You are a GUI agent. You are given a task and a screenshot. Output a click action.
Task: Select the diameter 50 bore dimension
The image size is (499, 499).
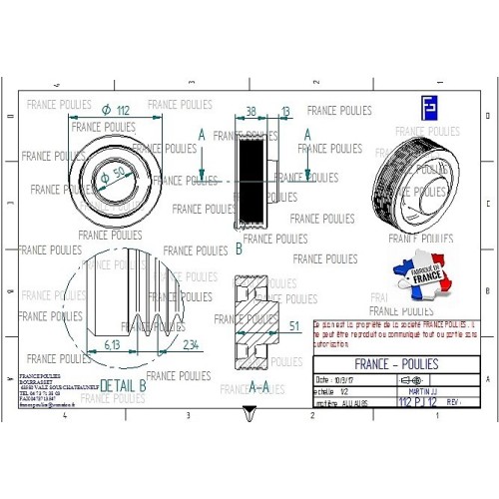[117, 173]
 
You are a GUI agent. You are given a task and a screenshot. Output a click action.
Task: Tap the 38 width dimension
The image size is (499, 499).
[250, 111]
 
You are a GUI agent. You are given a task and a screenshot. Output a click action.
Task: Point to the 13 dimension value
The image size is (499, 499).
[285, 111]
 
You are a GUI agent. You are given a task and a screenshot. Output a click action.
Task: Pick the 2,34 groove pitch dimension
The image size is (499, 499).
[192, 343]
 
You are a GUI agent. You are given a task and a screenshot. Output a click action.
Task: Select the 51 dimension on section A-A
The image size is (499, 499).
[293, 325]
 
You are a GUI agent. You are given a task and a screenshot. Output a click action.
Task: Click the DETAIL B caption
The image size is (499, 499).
[124, 383]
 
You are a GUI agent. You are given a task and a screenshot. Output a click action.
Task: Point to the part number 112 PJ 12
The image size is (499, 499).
[418, 402]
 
